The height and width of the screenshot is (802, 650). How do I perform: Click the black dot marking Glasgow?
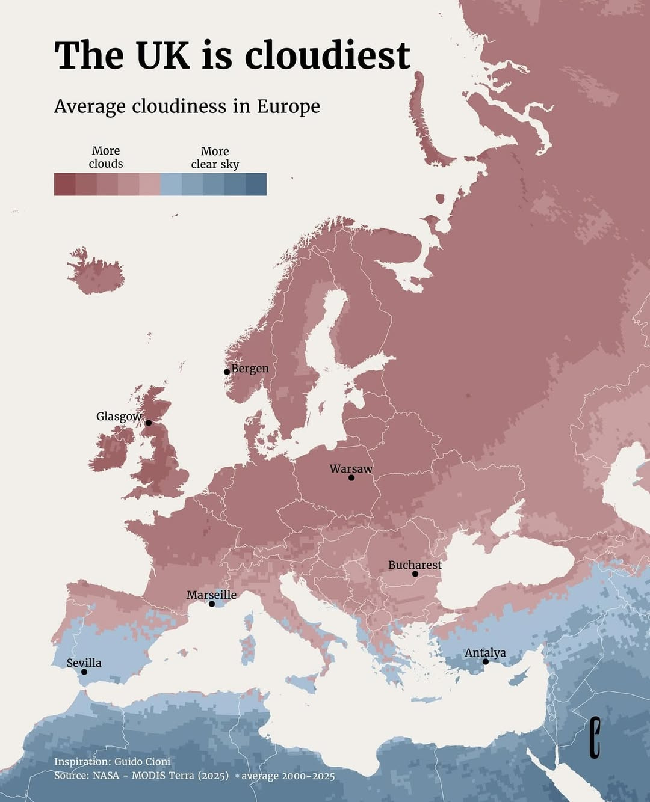click(x=149, y=423)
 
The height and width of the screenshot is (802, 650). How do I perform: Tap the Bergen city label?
click(x=250, y=369)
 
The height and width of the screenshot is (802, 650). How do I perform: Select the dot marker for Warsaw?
click(x=351, y=477)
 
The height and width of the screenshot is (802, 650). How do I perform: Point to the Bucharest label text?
click(x=415, y=565)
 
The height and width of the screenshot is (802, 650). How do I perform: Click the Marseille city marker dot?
click(x=212, y=604)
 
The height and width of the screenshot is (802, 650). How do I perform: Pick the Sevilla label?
click(x=84, y=663)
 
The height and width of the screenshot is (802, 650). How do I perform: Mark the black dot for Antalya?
click(x=486, y=661)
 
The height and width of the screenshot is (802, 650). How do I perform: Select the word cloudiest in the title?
click(x=327, y=55)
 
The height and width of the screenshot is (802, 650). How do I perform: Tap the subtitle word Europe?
click(x=288, y=106)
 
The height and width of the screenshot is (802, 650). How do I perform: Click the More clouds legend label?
click(x=106, y=157)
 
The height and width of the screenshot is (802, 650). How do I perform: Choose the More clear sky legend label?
click(x=215, y=158)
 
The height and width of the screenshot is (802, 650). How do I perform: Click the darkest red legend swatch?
click(x=65, y=184)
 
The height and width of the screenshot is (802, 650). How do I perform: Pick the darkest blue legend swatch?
click(x=256, y=184)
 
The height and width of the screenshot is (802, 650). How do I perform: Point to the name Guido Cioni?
click(x=142, y=761)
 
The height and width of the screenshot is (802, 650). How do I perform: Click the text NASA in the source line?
click(x=106, y=776)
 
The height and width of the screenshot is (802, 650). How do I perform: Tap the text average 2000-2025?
click(x=288, y=776)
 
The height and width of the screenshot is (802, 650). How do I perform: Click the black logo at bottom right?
click(x=595, y=737)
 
